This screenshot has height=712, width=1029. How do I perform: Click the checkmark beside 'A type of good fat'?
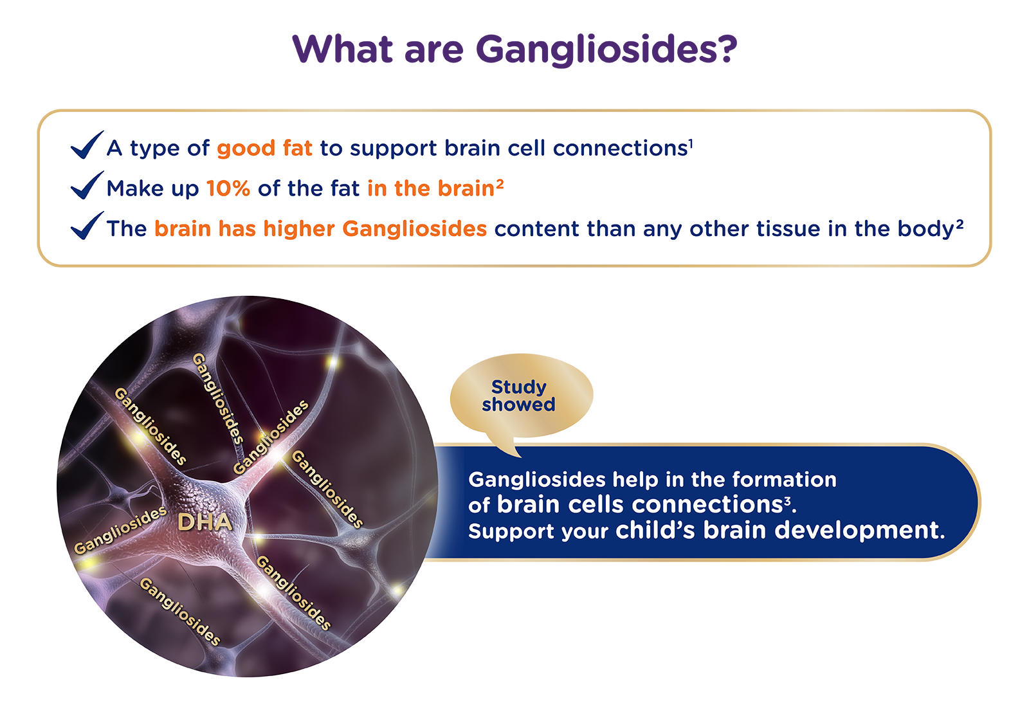coord(87,145)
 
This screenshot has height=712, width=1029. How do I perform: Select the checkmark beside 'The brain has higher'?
coord(87,226)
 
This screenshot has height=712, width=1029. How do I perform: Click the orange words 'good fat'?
coord(264,149)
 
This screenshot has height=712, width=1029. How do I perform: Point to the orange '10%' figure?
coord(228,188)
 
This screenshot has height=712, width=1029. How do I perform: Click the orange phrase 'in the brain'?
coord(430,188)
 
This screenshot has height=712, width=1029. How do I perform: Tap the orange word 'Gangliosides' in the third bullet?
coord(414,229)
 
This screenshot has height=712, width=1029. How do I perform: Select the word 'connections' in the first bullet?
coord(620,149)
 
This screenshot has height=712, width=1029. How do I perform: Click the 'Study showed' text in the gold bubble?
coord(518,396)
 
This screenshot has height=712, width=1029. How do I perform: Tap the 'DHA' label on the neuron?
coord(205,522)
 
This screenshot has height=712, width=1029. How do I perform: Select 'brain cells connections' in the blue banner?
coord(639,505)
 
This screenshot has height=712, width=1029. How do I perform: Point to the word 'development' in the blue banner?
coord(859,531)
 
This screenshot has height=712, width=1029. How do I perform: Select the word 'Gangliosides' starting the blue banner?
coord(536,480)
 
